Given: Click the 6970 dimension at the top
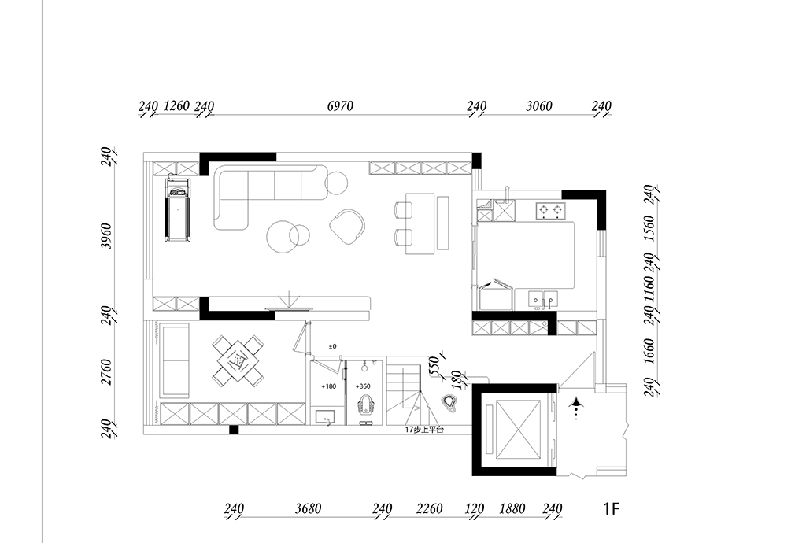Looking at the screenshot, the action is (x=340, y=105).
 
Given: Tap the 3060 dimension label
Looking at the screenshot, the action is (x=538, y=105).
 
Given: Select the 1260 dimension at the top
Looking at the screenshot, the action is (x=176, y=105).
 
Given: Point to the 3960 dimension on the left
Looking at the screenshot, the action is (x=106, y=236).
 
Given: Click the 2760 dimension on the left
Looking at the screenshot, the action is (x=106, y=372).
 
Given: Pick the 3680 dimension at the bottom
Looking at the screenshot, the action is (x=308, y=508).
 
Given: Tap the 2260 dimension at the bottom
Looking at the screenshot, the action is (x=429, y=508).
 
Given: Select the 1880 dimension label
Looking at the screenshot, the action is (x=512, y=508).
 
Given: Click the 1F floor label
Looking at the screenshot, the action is (x=611, y=508).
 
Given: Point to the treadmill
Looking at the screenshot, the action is (x=177, y=209).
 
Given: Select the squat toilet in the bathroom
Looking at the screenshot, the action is (x=365, y=404).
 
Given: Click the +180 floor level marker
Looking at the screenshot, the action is (x=328, y=386).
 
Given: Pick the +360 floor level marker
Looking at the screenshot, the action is (x=363, y=386).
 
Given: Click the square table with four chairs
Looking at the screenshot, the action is (x=238, y=360).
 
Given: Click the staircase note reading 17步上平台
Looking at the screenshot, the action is (x=424, y=430).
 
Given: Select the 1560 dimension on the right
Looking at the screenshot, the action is (x=649, y=228).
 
